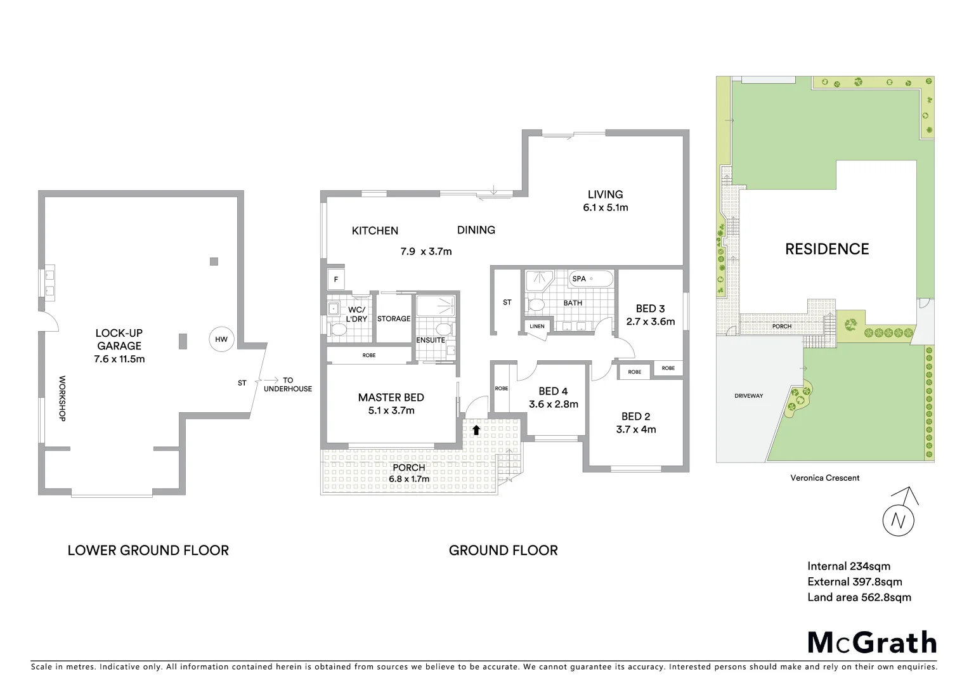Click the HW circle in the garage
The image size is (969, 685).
click(221, 339)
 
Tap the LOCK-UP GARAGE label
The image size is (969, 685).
click(119, 339)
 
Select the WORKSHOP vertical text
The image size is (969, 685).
click(62, 398)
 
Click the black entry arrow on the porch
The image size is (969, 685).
click(476, 429)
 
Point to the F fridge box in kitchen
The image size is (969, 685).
click(335, 279)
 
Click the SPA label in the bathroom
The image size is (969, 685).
click(579, 278)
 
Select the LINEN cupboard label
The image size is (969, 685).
click(537, 327)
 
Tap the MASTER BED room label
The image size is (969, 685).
click(391, 398)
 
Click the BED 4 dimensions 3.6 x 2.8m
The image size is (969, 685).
click(553, 405)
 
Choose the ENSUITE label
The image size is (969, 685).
click(431, 340)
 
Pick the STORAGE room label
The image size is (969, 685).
click(394, 318)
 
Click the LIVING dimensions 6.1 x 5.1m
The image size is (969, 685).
click(605, 208)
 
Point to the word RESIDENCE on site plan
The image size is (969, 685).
click(827, 249)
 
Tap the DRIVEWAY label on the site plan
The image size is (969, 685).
click(748, 396)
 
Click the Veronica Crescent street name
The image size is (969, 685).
click(824, 478)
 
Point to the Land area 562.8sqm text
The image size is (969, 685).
click(859, 597)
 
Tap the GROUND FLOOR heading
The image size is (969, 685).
click(503, 551)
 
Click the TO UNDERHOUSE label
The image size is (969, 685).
click(288, 384)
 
